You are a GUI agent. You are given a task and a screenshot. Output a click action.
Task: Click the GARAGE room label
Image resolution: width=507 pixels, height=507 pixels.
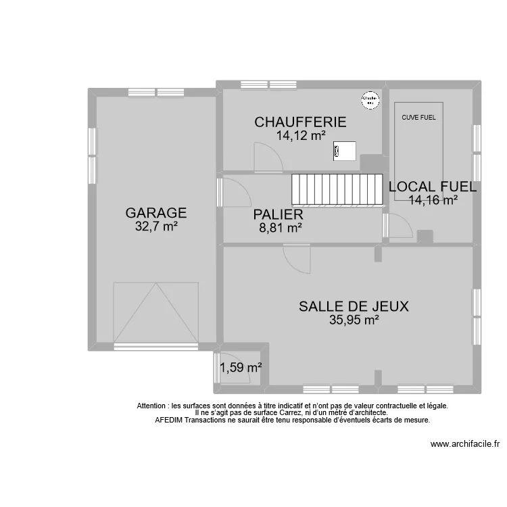coord(156,213)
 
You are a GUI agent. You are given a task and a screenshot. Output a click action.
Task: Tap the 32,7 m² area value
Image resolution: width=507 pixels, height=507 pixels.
coord(156,227)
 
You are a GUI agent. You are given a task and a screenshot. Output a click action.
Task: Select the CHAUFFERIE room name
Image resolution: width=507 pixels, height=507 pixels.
coord(300,122)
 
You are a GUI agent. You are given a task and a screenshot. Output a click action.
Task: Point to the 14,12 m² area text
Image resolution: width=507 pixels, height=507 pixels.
coord(300,135)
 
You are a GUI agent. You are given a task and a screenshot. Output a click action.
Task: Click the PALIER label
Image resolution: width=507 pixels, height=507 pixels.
coord(278,214)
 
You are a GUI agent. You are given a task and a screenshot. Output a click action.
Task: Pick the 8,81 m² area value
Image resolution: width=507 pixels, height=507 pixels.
coord(280,228)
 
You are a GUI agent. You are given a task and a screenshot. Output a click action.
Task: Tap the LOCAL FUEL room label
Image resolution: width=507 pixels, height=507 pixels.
coord(432,187)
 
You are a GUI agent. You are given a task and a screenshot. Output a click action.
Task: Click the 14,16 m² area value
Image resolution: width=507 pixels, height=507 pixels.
coord(433,199)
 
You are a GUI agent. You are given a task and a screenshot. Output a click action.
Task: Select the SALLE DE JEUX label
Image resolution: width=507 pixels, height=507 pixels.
coord(354,306)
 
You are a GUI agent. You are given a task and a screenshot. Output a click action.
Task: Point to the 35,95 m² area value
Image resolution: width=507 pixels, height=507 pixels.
coord(354,320)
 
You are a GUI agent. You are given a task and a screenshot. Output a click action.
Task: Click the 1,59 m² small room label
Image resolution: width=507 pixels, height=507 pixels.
coord(241,368)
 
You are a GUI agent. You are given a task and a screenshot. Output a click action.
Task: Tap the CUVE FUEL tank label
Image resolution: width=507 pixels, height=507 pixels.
coord(419,117)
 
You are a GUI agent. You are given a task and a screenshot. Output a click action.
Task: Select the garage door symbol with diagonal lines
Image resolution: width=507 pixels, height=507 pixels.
coord(156,312)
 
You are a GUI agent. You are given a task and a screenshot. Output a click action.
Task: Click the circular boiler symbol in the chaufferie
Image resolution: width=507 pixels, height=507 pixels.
coord(369,100)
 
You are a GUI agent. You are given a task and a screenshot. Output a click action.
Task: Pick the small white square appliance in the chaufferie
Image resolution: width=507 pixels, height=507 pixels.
coord(345,151)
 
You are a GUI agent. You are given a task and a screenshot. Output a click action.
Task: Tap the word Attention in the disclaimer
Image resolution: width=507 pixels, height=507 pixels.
coord(151,406)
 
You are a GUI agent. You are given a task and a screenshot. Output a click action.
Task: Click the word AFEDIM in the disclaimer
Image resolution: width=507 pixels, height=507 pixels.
coord(169,420)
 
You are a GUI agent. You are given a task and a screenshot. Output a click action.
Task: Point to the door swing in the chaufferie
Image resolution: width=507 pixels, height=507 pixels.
coord(267,157)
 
